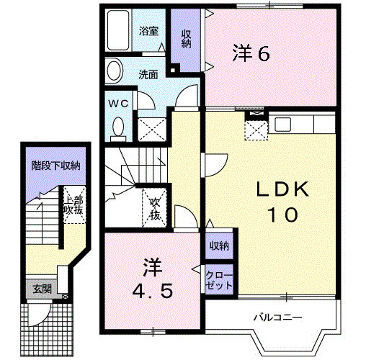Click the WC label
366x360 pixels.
(118, 104)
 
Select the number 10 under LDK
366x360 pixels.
(283, 214)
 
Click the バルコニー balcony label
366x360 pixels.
(277, 317)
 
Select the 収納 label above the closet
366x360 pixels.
(219, 247)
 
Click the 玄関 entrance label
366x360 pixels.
(42, 289)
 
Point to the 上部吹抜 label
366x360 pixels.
(73, 204)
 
